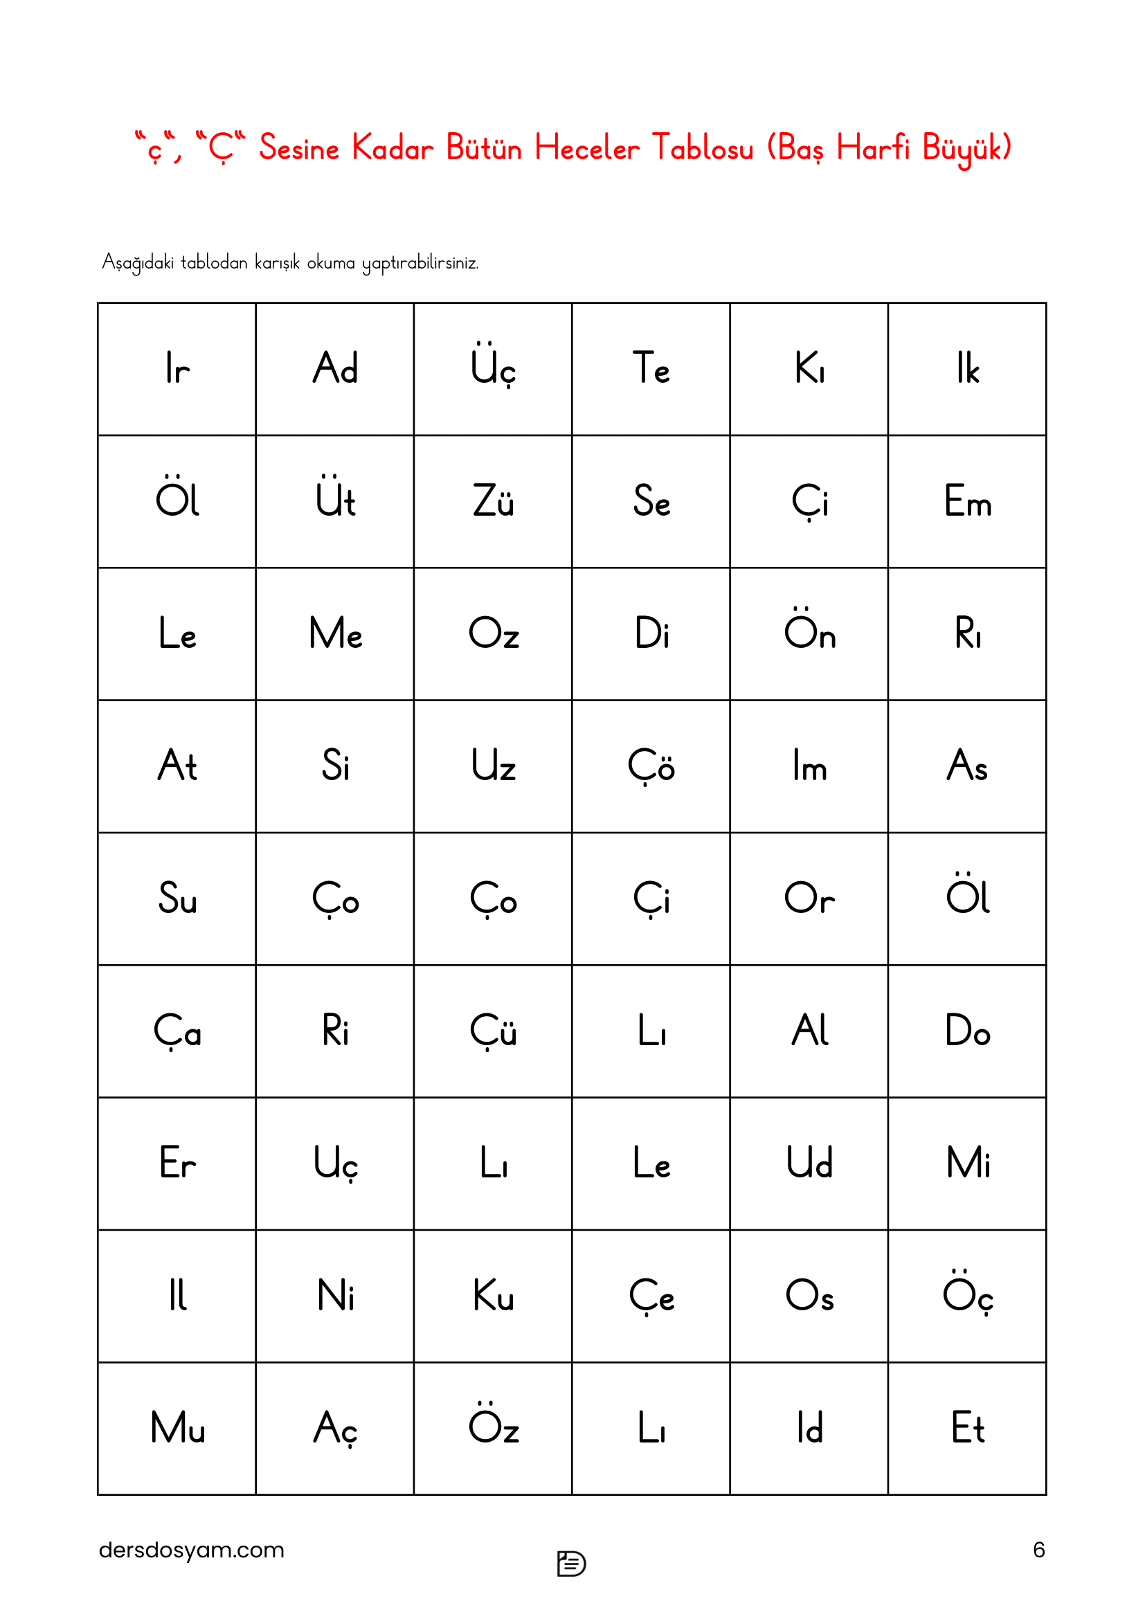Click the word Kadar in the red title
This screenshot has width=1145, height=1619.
pyautogui.click(x=392, y=148)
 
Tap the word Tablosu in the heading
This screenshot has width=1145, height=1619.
pyautogui.click(x=702, y=148)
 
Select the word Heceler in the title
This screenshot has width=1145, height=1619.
pyautogui.click(x=586, y=148)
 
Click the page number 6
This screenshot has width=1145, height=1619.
pyautogui.click(x=1038, y=1550)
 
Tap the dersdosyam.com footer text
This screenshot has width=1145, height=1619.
pyautogui.click(x=191, y=1550)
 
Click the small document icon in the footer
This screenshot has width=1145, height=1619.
pyautogui.click(x=571, y=1564)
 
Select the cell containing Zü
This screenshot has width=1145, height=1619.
pyautogui.click(x=493, y=501)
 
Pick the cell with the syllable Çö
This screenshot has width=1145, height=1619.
pyautogui.click(x=651, y=766)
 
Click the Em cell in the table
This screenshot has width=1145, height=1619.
pyautogui.click(x=967, y=501)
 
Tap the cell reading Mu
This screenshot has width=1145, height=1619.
pyautogui.click(x=177, y=1428)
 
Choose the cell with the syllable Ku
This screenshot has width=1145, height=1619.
pyautogui.click(x=493, y=1296)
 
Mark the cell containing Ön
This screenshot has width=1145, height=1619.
pyautogui.click(x=809, y=633)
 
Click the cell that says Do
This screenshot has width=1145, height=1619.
pyautogui.click(x=967, y=1031)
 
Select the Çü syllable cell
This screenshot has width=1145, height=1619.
pyautogui.click(x=493, y=1031)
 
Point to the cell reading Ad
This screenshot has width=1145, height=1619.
pyautogui.click(x=335, y=369)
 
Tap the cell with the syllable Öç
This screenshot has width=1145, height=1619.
pyautogui.click(x=967, y=1296)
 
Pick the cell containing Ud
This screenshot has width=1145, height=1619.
pyautogui.click(x=809, y=1164)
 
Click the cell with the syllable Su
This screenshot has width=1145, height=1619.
pyautogui.click(x=177, y=898)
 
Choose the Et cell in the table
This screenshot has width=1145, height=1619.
pyautogui.click(x=967, y=1428)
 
